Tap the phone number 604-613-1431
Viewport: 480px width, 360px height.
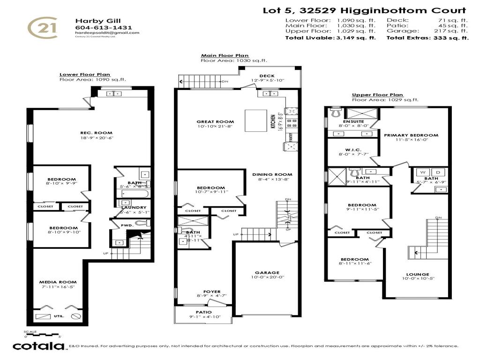97,27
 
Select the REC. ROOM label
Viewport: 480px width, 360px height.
97,133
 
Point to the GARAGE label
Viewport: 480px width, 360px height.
267,272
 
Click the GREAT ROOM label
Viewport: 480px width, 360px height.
215,122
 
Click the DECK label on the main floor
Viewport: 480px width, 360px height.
267,76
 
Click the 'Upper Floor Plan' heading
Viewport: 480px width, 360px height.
377,95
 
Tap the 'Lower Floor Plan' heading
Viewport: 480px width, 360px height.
85,75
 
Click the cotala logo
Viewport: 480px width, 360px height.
38,346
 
